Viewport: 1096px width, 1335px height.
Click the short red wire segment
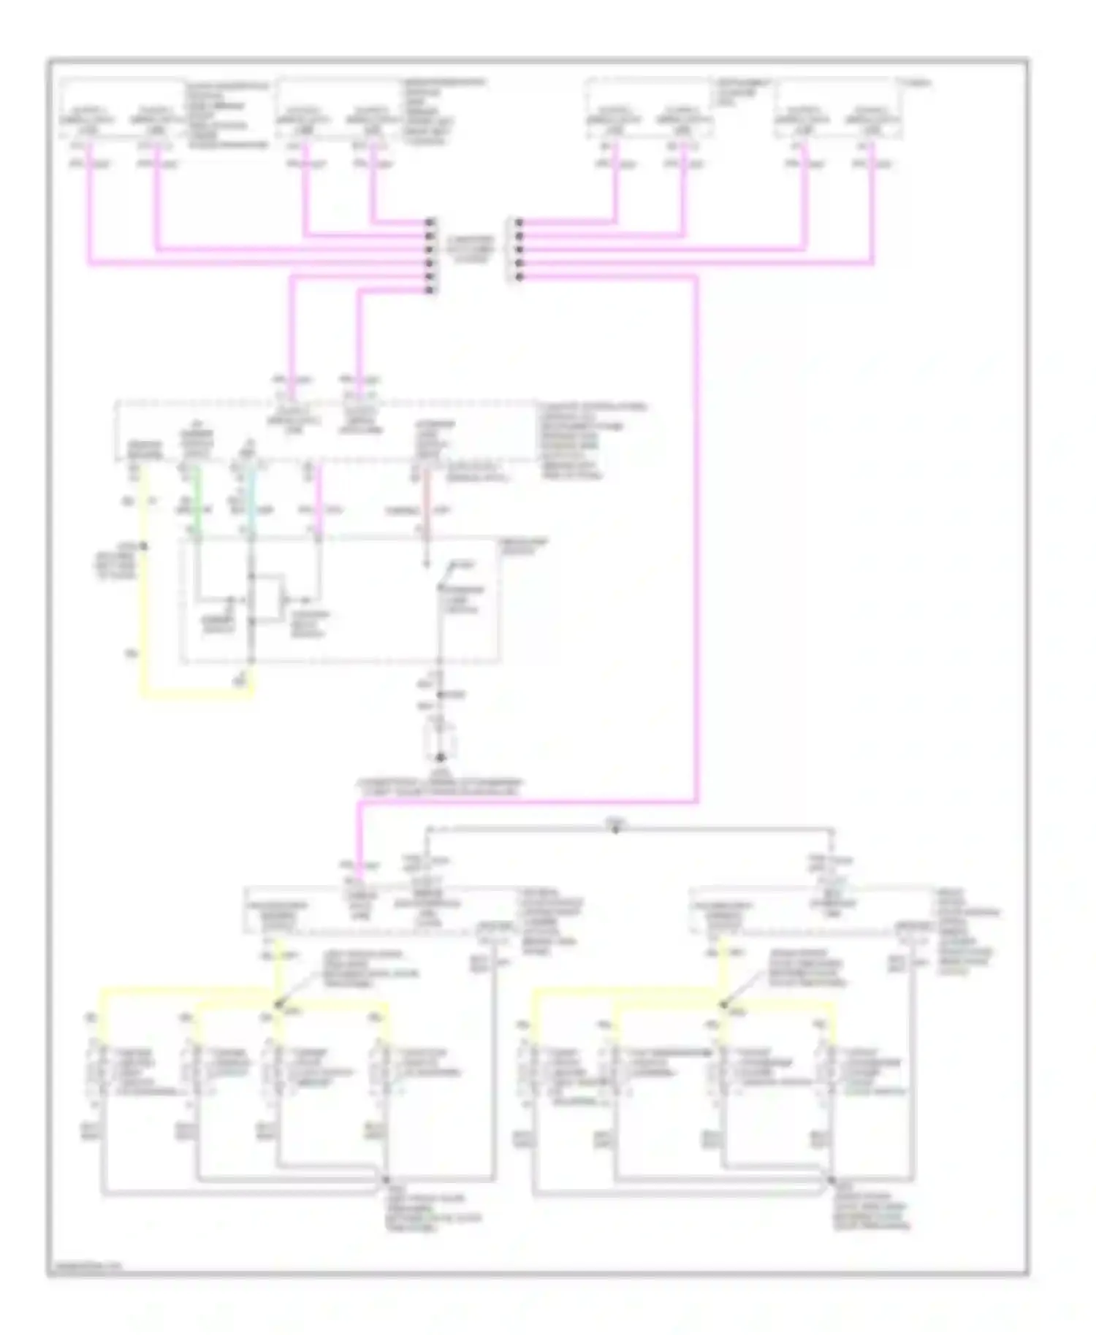(427, 504)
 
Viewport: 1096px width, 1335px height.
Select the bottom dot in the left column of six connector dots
(431, 290)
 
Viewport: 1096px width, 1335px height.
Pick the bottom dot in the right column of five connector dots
(518, 277)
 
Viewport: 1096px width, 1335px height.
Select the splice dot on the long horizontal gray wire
(615, 829)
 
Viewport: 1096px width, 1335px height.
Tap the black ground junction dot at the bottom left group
(385, 1181)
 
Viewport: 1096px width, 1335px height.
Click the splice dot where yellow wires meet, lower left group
(277, 1005)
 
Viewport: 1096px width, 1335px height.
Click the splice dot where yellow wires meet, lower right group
(722, 1005)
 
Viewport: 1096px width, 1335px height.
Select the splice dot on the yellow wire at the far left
(143, 546)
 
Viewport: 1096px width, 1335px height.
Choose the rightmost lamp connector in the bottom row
(824, 1073)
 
